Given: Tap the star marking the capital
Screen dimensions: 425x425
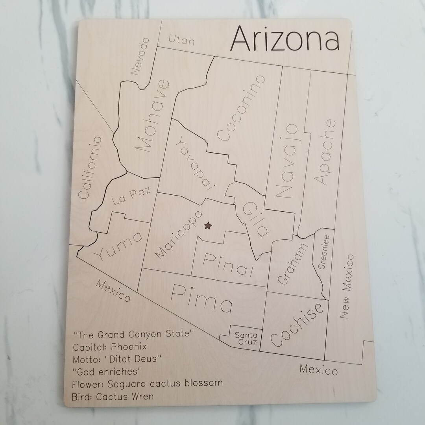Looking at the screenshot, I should point(208,225).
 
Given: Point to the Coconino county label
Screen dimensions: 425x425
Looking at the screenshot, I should point(241,108).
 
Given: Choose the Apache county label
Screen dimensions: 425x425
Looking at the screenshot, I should point(325,152).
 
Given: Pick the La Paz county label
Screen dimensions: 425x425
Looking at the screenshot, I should point(126,196).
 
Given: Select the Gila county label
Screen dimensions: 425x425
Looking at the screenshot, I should point(255,218).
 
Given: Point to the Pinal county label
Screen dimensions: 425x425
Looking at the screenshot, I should point(228,264).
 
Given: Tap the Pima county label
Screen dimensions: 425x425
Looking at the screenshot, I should point(202,298).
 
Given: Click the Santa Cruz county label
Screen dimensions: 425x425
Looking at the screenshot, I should point(246,338).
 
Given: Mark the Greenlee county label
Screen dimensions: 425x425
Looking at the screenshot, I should point(324,252).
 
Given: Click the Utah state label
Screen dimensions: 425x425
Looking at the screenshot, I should point(181,39).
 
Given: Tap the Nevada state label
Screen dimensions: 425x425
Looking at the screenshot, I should point(140,56).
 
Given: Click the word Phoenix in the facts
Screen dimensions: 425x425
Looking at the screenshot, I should point(129,347).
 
